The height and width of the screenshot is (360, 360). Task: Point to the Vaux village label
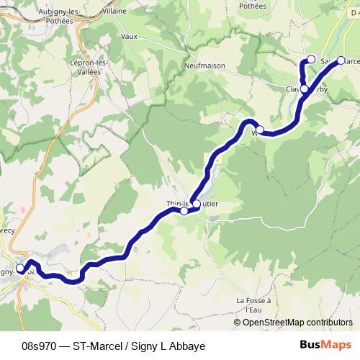coord(129,35)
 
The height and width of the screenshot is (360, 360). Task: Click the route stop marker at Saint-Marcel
coord(341,61)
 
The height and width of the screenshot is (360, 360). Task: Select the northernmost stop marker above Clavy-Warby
coord(311,59)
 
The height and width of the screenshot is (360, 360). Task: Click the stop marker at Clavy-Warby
coord(305,89)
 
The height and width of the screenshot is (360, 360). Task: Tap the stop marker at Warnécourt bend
coord(261,130)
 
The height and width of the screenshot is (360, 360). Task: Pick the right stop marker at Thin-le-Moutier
coord(197,204)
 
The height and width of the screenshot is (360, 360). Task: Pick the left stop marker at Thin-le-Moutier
coord(184,211)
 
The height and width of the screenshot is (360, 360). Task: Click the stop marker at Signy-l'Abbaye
coord(20,269)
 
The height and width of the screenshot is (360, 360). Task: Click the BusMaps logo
coord(325,344)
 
